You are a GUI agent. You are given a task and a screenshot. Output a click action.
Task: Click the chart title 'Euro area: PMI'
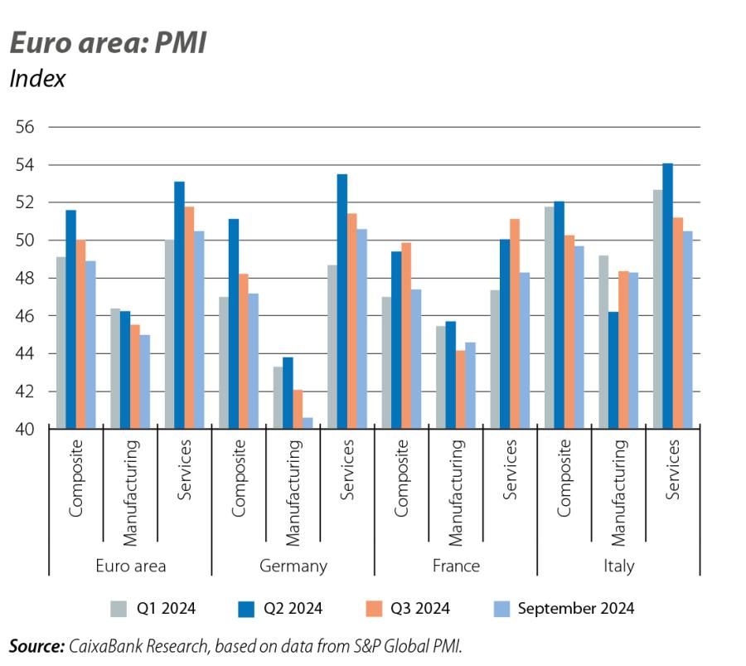tap(107, 43)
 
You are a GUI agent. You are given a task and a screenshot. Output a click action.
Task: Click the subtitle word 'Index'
tap(37, 79)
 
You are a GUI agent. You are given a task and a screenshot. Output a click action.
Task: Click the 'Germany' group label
tap(293, 566)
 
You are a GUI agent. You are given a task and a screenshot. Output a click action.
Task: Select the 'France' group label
tap(456, 566)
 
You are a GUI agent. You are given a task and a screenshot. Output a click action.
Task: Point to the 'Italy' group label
tap(618, 566)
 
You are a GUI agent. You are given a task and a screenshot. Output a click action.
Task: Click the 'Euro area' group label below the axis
tap(131, 566)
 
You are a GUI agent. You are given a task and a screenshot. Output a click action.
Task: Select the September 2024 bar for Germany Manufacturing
tap(308, 423)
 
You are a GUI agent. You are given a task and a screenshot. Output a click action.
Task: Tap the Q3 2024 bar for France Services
tap(515, 323)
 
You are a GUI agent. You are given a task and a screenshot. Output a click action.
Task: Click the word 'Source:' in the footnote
tap(36, 646)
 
